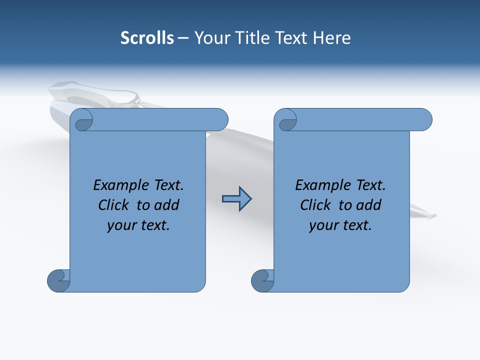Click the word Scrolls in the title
click(147, 38)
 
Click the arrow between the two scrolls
click(236, 199)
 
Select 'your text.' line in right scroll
click(340, 225)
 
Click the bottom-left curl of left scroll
click(58, 281)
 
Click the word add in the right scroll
click(369, 205)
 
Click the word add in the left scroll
click(167, 205)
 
